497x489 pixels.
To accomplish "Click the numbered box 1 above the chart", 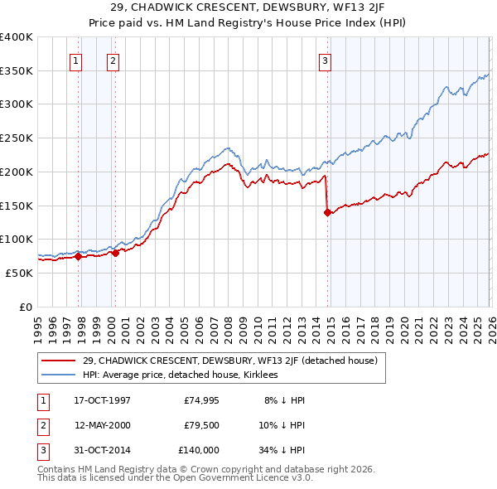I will click(x=75, y=60).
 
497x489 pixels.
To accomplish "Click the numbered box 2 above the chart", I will click(x=112, y=60).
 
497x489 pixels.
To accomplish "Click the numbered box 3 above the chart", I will click(x=326, y=60).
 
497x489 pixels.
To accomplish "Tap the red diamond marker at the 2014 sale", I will click(x=328, y=212).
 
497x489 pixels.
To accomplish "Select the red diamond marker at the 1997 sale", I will click(x=79, y=256).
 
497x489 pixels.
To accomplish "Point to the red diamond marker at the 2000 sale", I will click(x=115, y=253).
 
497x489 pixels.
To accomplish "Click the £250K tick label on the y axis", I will click(x=17, y=138).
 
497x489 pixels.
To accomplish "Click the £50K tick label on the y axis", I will click(x=19, y=273).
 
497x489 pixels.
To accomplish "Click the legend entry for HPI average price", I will click(x=180, y=375).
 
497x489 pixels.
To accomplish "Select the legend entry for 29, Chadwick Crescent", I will click(x=229, y=361).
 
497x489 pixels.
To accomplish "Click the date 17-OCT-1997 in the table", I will click(x=102, y=400).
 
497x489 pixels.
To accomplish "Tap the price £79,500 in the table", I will click(x=201, y=425).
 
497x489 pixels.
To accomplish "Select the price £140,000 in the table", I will click(x=199, y=450).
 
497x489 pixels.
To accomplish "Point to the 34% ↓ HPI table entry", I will click(x=282, y=450).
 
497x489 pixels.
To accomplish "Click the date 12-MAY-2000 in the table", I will click(x=102, y=425).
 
